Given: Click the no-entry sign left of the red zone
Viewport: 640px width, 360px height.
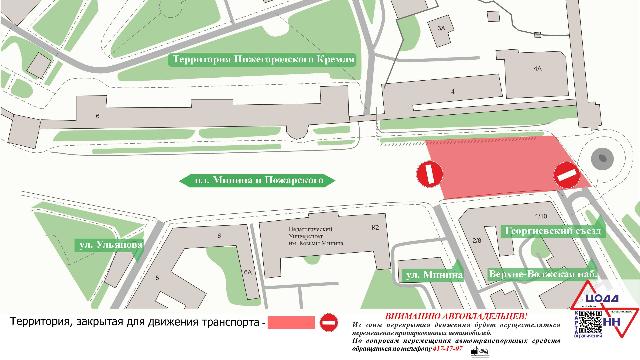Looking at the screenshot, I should click(x=428, y=173).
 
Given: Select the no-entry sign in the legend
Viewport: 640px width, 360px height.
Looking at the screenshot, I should click(x=330, y=322).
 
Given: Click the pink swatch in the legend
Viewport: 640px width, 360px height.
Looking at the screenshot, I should click(x=289, y=322).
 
